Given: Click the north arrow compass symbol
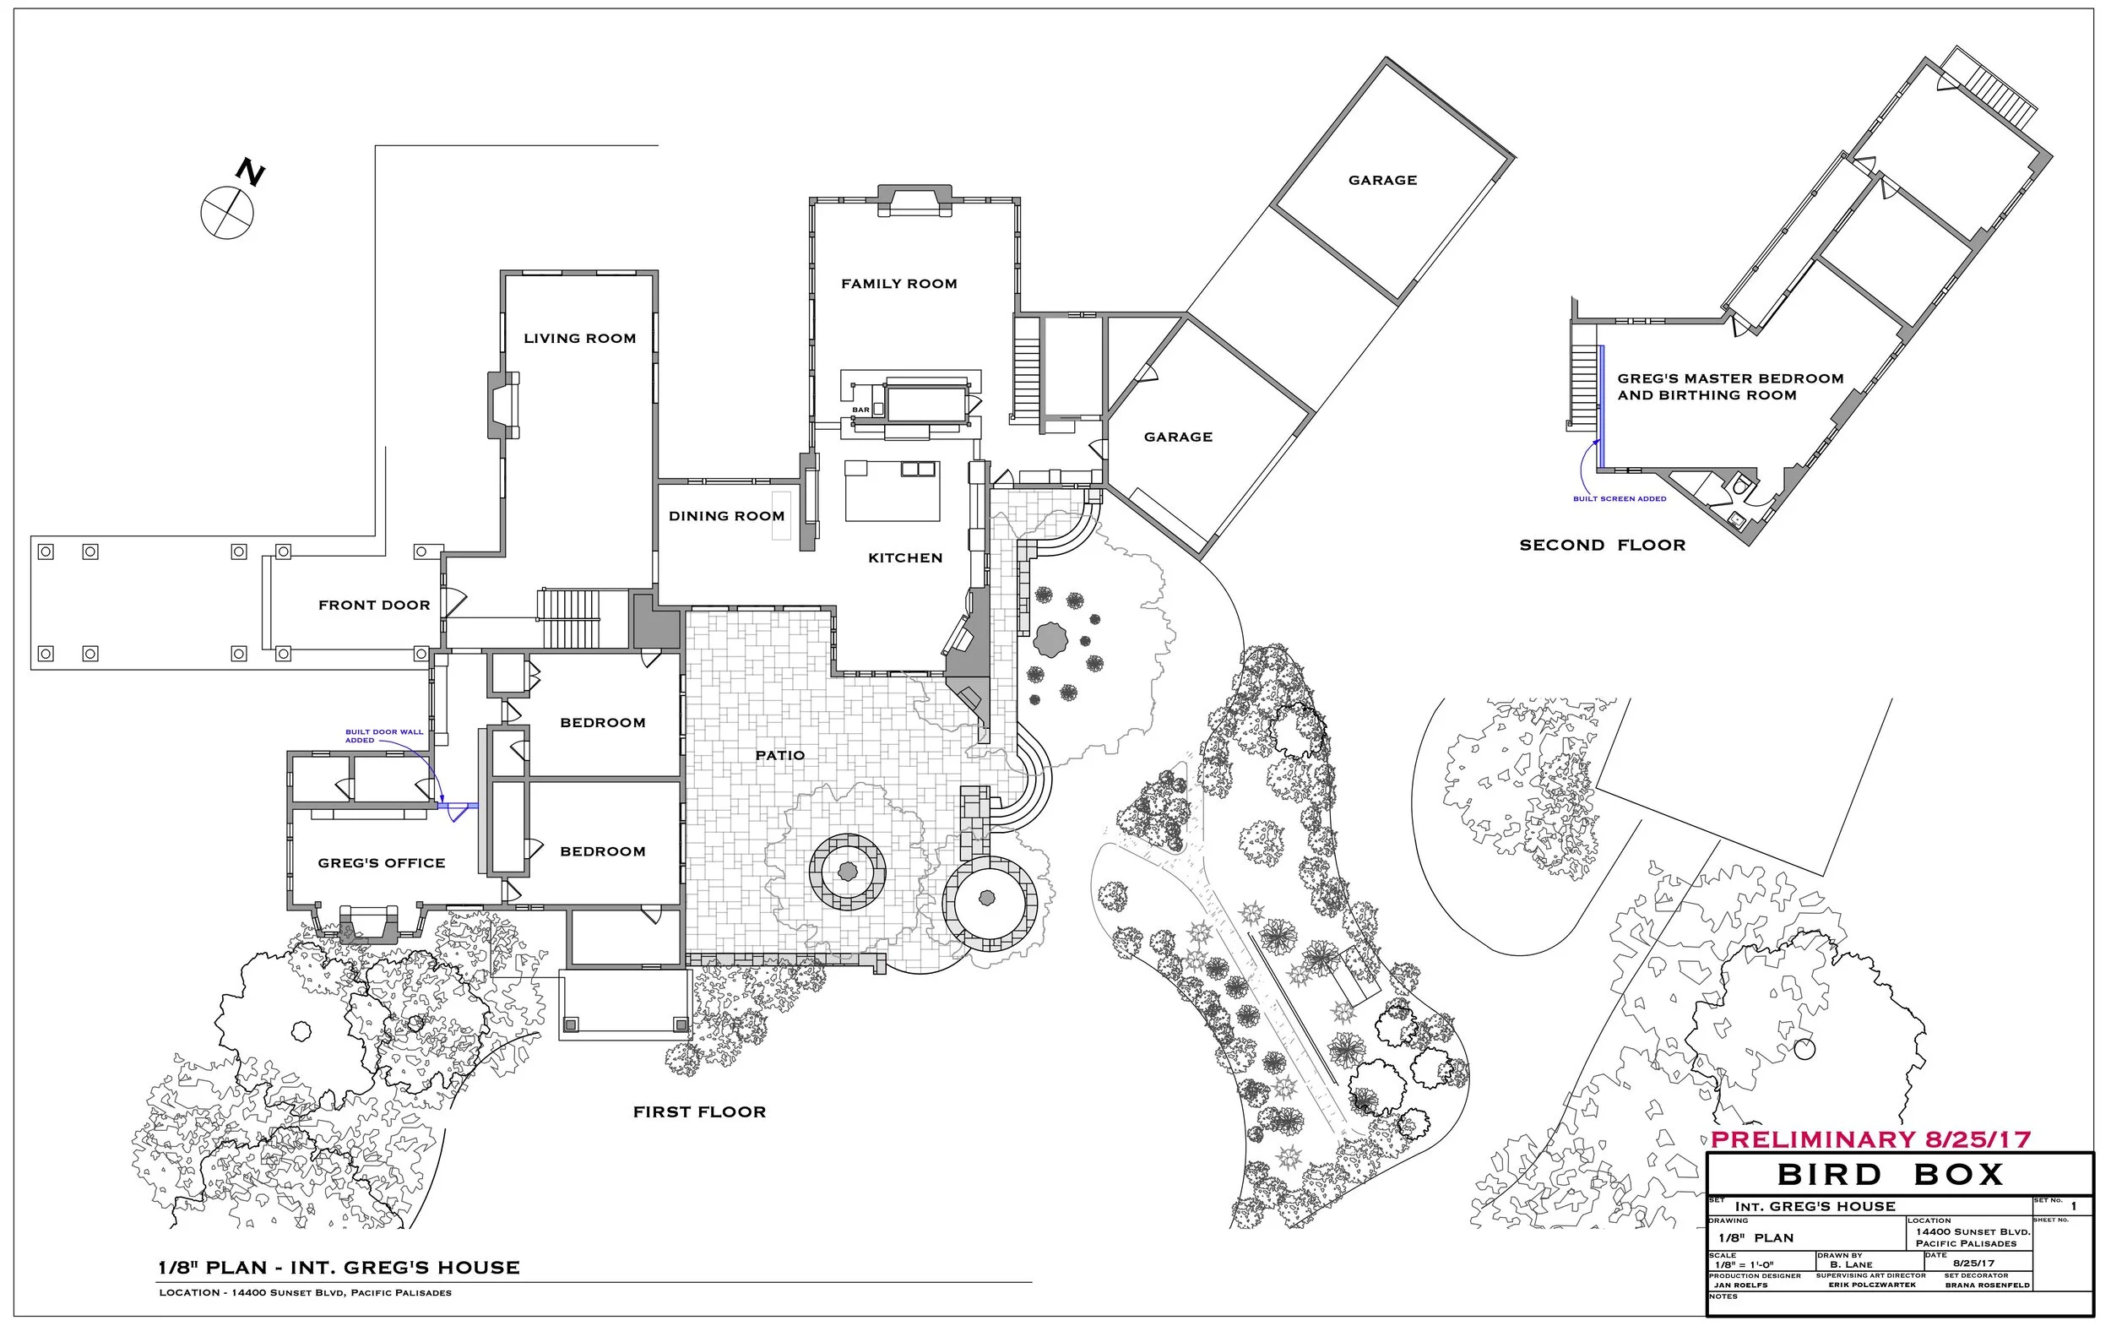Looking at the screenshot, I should point(228,210).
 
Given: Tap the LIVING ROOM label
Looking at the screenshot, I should point(579,339).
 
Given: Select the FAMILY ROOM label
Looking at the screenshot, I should point(898,283).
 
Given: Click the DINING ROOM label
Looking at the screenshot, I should point(726,516).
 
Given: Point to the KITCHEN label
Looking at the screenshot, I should point(904,557).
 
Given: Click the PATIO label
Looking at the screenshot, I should point(779,755).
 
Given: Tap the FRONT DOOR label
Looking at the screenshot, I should point(373,605).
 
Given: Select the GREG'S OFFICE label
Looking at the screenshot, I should point(382,863).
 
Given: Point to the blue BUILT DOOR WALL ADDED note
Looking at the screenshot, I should point(383,736).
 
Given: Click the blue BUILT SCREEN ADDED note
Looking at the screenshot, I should point(1620,498).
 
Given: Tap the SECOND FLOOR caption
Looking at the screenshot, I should point(1602,545).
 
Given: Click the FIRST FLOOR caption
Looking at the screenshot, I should point(698,1112).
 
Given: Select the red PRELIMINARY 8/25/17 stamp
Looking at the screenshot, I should point(1870,1139).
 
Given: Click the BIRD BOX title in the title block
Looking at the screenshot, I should point(1889,1174).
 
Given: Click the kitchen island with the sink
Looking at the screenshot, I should point(892,490).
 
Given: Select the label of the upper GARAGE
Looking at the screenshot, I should point(1381,180).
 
